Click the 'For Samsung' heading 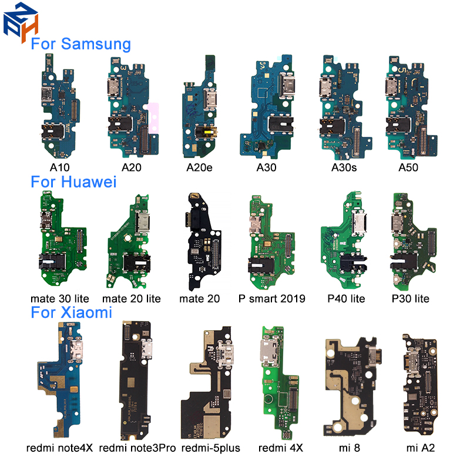pyautogui.click(x=81, y=44)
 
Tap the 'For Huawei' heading pyautogui.click(x=73, y=182)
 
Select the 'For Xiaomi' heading pyautogui.click(x=71, y=313)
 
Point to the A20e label pyautogui.click(x=199, y=167)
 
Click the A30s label pyautogui.click(x=344, y=167)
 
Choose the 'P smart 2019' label pyautogui.click(x=272, y=298)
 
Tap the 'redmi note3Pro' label pyautogui.click(x=137, y=448)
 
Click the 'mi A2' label pyautogui.click(x=420, y=448)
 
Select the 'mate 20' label pyautogui.click(x=199, y=298)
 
